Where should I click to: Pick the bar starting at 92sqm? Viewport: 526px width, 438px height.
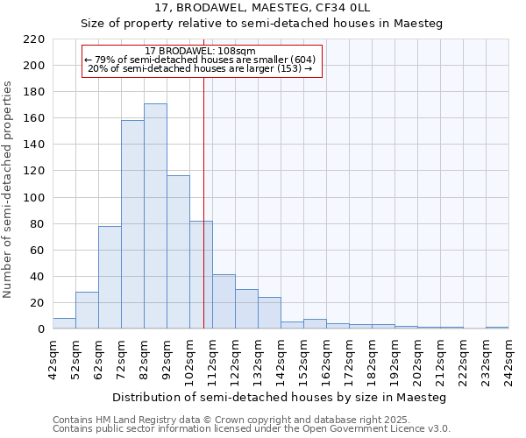pyautogui.click(x=178, y=252)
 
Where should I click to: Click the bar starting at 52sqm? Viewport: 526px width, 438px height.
pyautogui.click(x=87, y=310)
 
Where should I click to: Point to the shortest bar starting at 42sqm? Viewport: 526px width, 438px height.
pyautogui.click(x=64, y=323)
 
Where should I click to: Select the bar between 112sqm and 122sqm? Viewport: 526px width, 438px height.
pyautogui.click(x=224, y=301)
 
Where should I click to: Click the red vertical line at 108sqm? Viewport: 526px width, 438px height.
pyautogui.click(x=203, y=219)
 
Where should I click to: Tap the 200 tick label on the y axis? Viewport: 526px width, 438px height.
pyautogui.click(x=35, y=66)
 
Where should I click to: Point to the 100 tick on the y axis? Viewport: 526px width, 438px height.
pyautogui.click(x=35, y=198)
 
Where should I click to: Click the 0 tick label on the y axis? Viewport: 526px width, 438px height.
pyautogui.click(x=41, y=329)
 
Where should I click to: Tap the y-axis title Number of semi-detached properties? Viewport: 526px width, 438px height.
pyautogui.click(x=9, y=189)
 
